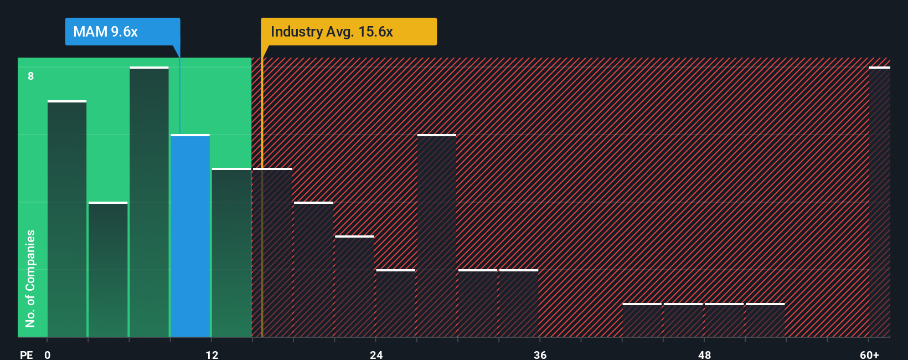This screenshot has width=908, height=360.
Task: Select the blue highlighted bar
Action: [x=190, y=236]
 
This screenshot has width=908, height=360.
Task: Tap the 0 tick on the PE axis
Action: [x=48, y=354]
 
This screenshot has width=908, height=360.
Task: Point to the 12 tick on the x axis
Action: [x=212, y=354]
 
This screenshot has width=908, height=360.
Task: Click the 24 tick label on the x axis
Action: [x=376, y=354]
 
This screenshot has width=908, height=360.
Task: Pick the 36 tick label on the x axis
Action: [x=540, y=354]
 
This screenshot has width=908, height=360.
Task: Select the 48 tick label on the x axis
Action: [x=704, y=354]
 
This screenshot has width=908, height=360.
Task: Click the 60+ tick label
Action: [x=869, y=354]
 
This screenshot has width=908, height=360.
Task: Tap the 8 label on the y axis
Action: [x=31, y=76]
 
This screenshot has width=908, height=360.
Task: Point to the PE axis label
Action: [x=27, y=354]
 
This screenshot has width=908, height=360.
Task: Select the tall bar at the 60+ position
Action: [x=879, y=202]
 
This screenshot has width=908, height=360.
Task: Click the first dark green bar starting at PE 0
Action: [x=67, y=219]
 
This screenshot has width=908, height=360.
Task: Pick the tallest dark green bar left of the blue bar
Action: [x=149, y=202]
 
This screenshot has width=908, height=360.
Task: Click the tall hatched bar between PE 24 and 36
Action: [x=437, y=236]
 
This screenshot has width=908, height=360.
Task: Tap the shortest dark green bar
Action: [x=108, y=270]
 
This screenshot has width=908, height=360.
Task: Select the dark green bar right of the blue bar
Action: [x=231, y=253]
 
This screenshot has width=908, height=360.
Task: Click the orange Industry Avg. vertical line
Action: [x=262, y=194]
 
